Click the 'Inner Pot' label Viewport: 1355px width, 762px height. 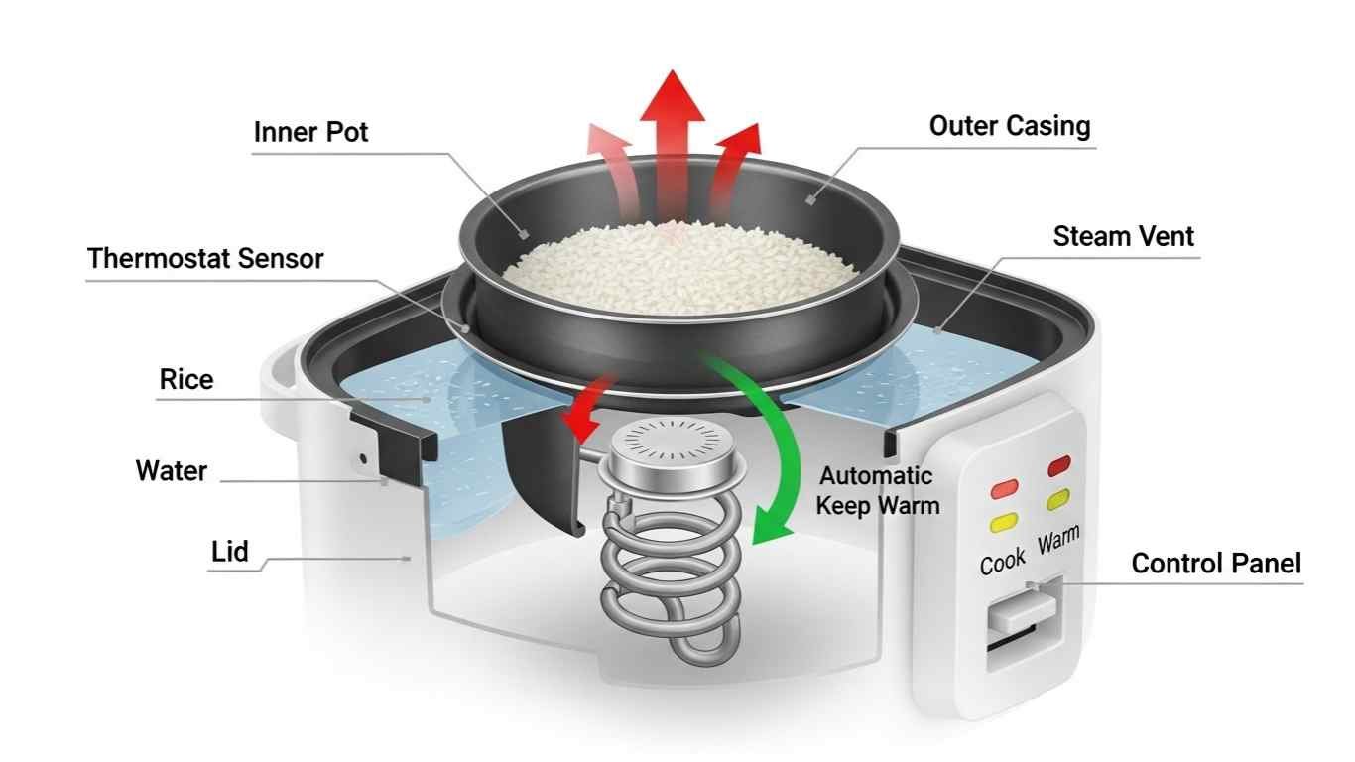(x=310, y=132)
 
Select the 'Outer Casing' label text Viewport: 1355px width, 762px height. (x=1009, y=126)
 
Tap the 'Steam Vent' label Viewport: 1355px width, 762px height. (x=1123, y=236)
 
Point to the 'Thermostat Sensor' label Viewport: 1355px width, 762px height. (x=205, y=259)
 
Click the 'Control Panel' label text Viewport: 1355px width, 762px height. (x=1215, y=564)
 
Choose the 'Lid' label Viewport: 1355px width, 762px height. (x=229, y=551)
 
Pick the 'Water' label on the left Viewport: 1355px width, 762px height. (x=171, y=470)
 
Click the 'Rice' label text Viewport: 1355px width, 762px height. (x=185, y=379)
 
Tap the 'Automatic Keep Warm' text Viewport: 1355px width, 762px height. (x=876, y=490)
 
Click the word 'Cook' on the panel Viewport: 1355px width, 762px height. (x=1002, y=561)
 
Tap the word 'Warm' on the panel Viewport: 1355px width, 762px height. (x=1058, y=542)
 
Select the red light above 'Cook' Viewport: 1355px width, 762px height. (x=1004, y=488)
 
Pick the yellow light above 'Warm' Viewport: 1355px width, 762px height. (x=1058, y=497)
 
